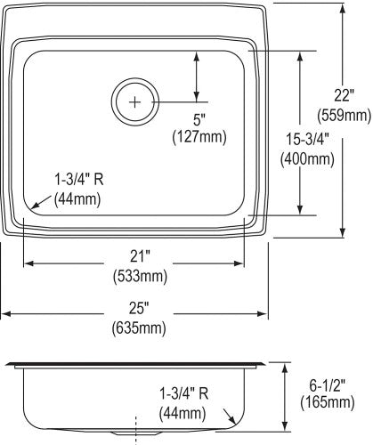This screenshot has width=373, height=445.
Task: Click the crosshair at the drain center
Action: pos(135,102)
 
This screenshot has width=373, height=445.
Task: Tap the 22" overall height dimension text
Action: pos(345,95)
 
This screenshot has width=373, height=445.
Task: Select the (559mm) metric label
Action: pos(345,115)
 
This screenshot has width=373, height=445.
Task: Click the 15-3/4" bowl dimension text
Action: pos(307,139)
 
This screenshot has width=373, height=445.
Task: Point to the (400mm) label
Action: pos(307,158)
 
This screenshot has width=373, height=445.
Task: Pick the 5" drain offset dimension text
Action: pos(199,120)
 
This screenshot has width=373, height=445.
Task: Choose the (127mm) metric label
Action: pos(199,137)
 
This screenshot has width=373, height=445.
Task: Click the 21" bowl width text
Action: pos(140,256)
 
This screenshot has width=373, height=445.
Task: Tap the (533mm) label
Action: pos(140,276)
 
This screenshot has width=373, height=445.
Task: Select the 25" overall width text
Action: pos(139,309)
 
